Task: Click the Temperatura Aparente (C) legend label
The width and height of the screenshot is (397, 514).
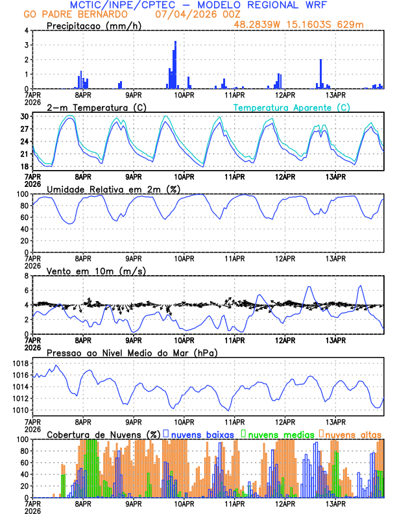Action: point(292,107)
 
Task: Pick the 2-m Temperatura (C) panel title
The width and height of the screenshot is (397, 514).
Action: point(97,107)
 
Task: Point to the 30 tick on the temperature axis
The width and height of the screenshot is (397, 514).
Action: point(24,116)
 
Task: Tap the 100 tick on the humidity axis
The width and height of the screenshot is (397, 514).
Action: point(21,194)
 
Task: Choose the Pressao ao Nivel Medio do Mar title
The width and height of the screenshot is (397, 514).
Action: point(132,352)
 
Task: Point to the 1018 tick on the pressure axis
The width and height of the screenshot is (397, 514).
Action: point(19,364)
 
